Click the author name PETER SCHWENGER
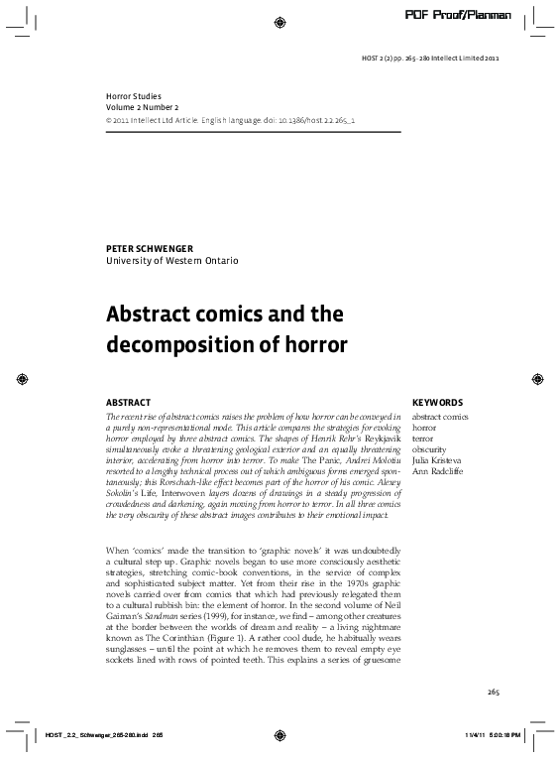[150, 245]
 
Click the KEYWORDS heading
[438, 402]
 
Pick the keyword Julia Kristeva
[438, 459]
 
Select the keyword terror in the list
[423, 438]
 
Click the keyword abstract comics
[439, 417]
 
